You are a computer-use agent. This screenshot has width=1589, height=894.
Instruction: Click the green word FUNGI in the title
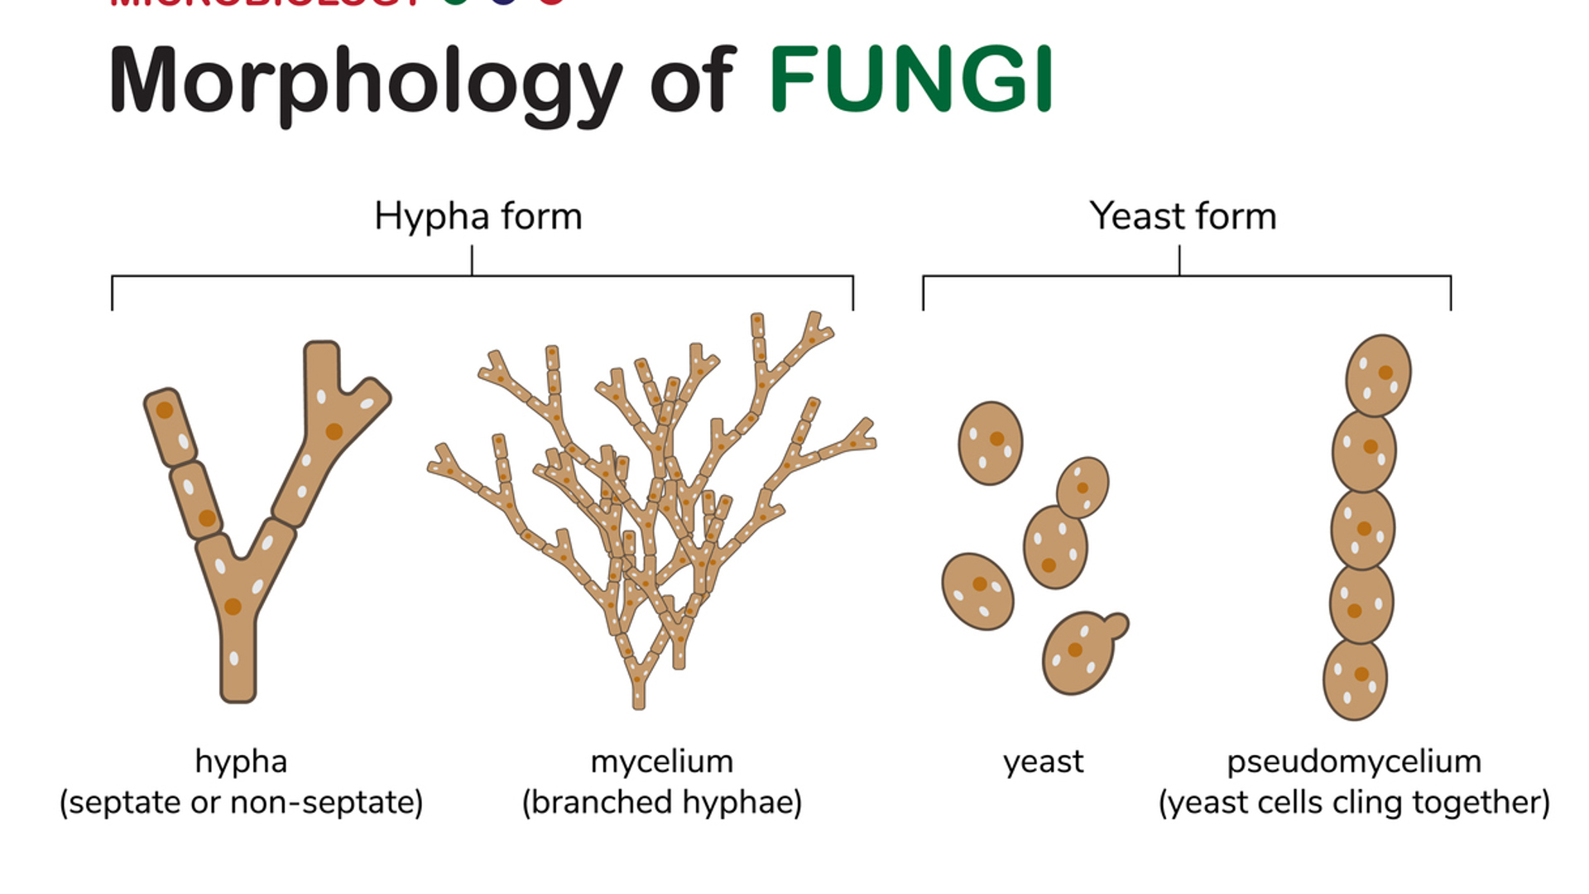tap(910, 79)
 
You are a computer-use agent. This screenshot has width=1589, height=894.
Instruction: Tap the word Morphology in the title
tap(364, 81)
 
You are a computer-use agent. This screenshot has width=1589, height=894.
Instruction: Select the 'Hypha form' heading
tap(478, 216)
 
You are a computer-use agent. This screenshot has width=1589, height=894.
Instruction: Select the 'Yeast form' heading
tap(1183, 216)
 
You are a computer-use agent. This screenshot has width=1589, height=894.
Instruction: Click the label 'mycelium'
tap(661, 762)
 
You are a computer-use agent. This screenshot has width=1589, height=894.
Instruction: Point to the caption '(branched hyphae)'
tap(661, 802)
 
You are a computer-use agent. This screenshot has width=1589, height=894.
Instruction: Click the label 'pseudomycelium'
tap(1354, 762)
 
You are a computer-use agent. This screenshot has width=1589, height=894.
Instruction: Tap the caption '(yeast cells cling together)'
tap(1354, 802)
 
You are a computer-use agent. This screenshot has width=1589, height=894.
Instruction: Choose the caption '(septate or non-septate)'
tap(241, 802)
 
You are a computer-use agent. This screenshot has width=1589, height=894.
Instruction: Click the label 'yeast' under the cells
tap(1043, 762)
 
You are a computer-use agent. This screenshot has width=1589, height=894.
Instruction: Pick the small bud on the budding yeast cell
tap(1116, 626)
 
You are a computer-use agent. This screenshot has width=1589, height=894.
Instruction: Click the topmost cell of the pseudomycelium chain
tap(1378, 375)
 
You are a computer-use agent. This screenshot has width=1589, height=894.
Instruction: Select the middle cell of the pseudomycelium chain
tap(1362, 529)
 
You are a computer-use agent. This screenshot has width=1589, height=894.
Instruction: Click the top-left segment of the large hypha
tap(170, 426)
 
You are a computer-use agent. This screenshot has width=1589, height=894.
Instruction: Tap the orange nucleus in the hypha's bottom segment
tap(233, 607)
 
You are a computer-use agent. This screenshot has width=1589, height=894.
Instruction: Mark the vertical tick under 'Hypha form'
tap(472, 260)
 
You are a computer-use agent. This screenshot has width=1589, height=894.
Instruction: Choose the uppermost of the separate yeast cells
tap(990, 443)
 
